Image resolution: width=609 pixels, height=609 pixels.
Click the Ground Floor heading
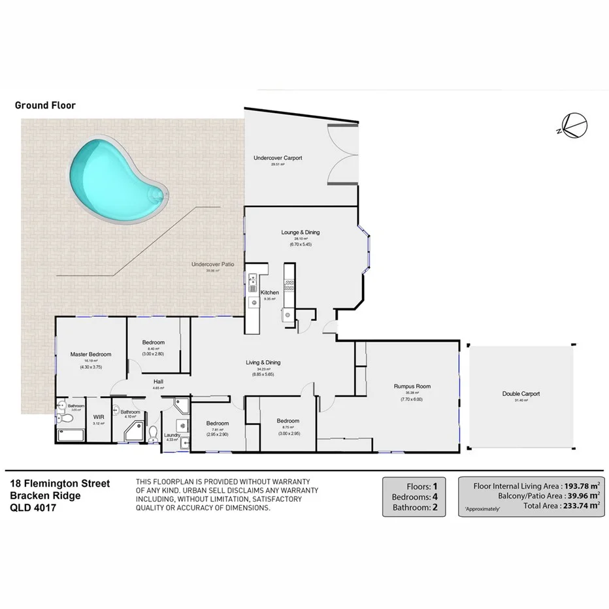tap(45, 105)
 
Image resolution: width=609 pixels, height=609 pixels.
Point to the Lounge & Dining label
tap(300, 233)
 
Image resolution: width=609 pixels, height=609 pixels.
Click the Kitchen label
tap(270, 292)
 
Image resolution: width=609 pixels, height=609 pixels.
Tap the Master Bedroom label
tap(91, 354)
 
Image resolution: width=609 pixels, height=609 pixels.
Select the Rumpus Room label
tap(412, 386)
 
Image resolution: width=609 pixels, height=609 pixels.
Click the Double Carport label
tap(521, 394)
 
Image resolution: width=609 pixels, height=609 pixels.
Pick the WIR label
tap(99, 416)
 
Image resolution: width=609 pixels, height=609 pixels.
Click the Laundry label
tap(173, 435)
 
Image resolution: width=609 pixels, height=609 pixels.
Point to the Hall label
tap(158, 382)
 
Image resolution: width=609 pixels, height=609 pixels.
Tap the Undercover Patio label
tap(210, 265)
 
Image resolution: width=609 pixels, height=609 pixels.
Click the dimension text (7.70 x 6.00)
tap(412, 399)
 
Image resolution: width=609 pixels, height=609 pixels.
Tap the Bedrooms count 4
tap(433, 497)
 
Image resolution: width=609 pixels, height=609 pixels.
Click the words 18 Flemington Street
tap(60, 484)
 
